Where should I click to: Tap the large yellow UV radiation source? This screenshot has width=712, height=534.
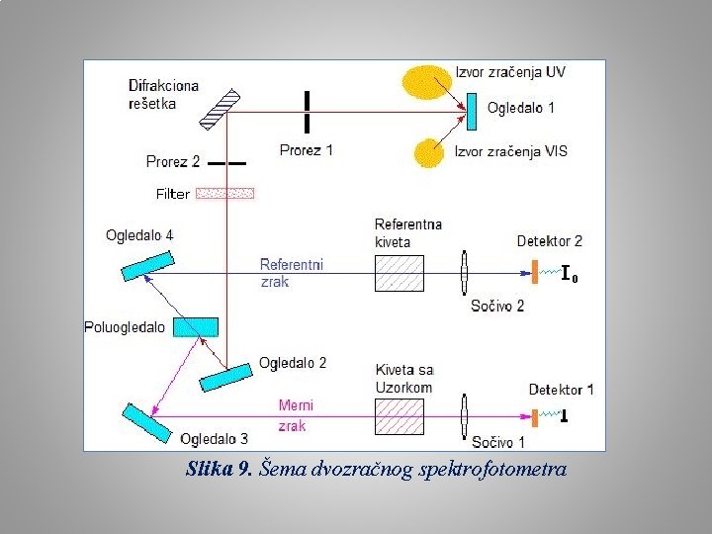(x=424, y=78)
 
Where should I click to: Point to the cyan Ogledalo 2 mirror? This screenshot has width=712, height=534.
(x=225, y=376)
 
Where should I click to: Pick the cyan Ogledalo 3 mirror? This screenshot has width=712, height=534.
(x=146, y=422)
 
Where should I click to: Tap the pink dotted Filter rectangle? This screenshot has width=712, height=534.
(x=224, y=193)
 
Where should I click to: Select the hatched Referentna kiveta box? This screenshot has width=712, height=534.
(x=400, y=272)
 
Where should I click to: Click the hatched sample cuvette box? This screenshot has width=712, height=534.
(x=400, y=415)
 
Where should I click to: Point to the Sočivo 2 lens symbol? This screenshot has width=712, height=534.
(x=464, y=272)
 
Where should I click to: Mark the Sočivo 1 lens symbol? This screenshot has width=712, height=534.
(x=464, y=415)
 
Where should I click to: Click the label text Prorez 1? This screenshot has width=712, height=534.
(x=307, y=150)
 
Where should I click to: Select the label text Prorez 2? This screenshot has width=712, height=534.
(x=173, y=161)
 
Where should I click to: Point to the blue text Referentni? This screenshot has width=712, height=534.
(x=291, y=264)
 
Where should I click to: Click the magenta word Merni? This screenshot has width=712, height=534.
(x=296, y=405)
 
